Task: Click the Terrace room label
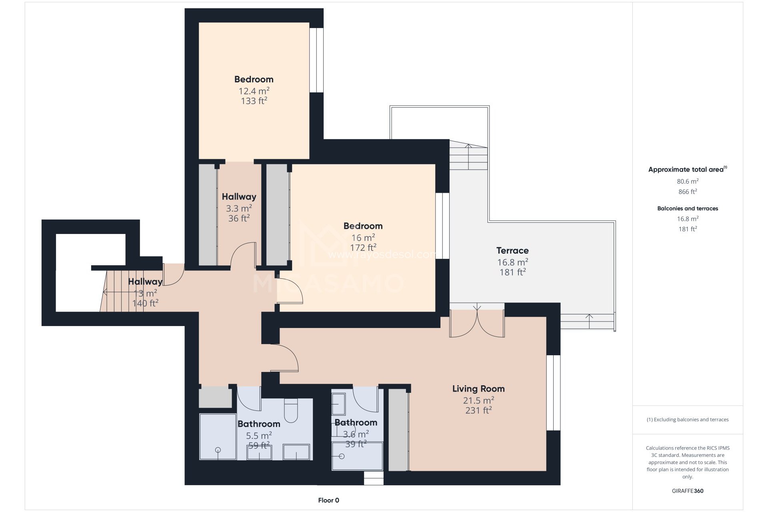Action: pyautogui.click(x=512, y=250)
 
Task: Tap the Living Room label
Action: pyautogui.click(x=478, y=388)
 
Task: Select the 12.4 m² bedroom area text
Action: pyautogui.click(x=254, y=91)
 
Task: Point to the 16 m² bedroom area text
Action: pyautogui.click(x=363, y=238)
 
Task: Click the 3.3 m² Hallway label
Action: pyautogui.click(x=239, y=196)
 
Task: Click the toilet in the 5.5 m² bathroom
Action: pyautogui.click(x=291, y=410)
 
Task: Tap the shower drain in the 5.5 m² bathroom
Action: pyautogui.click(x=218, y=450)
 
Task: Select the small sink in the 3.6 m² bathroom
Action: pyautogui.click(x=339, y=404)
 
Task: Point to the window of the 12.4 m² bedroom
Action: pyautogui.click(x=316, y=60)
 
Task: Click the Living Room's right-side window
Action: pyautogui.click(x=553, y=393)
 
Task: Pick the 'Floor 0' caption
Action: pyautogui.click(x=329, y=500)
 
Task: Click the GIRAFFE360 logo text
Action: pyautogui.click(x=688, y=491)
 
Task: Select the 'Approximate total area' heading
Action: pyautogui.click(x=686, y=170)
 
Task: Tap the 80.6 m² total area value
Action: pyautogui.click(x=688, y=181)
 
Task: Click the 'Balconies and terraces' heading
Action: pyautogui.click(x=688, y=208)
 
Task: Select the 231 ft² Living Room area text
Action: pyautogui.click(x=478, y=410)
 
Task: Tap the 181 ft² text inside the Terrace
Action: pyautogui.click(x=512, y=272)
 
